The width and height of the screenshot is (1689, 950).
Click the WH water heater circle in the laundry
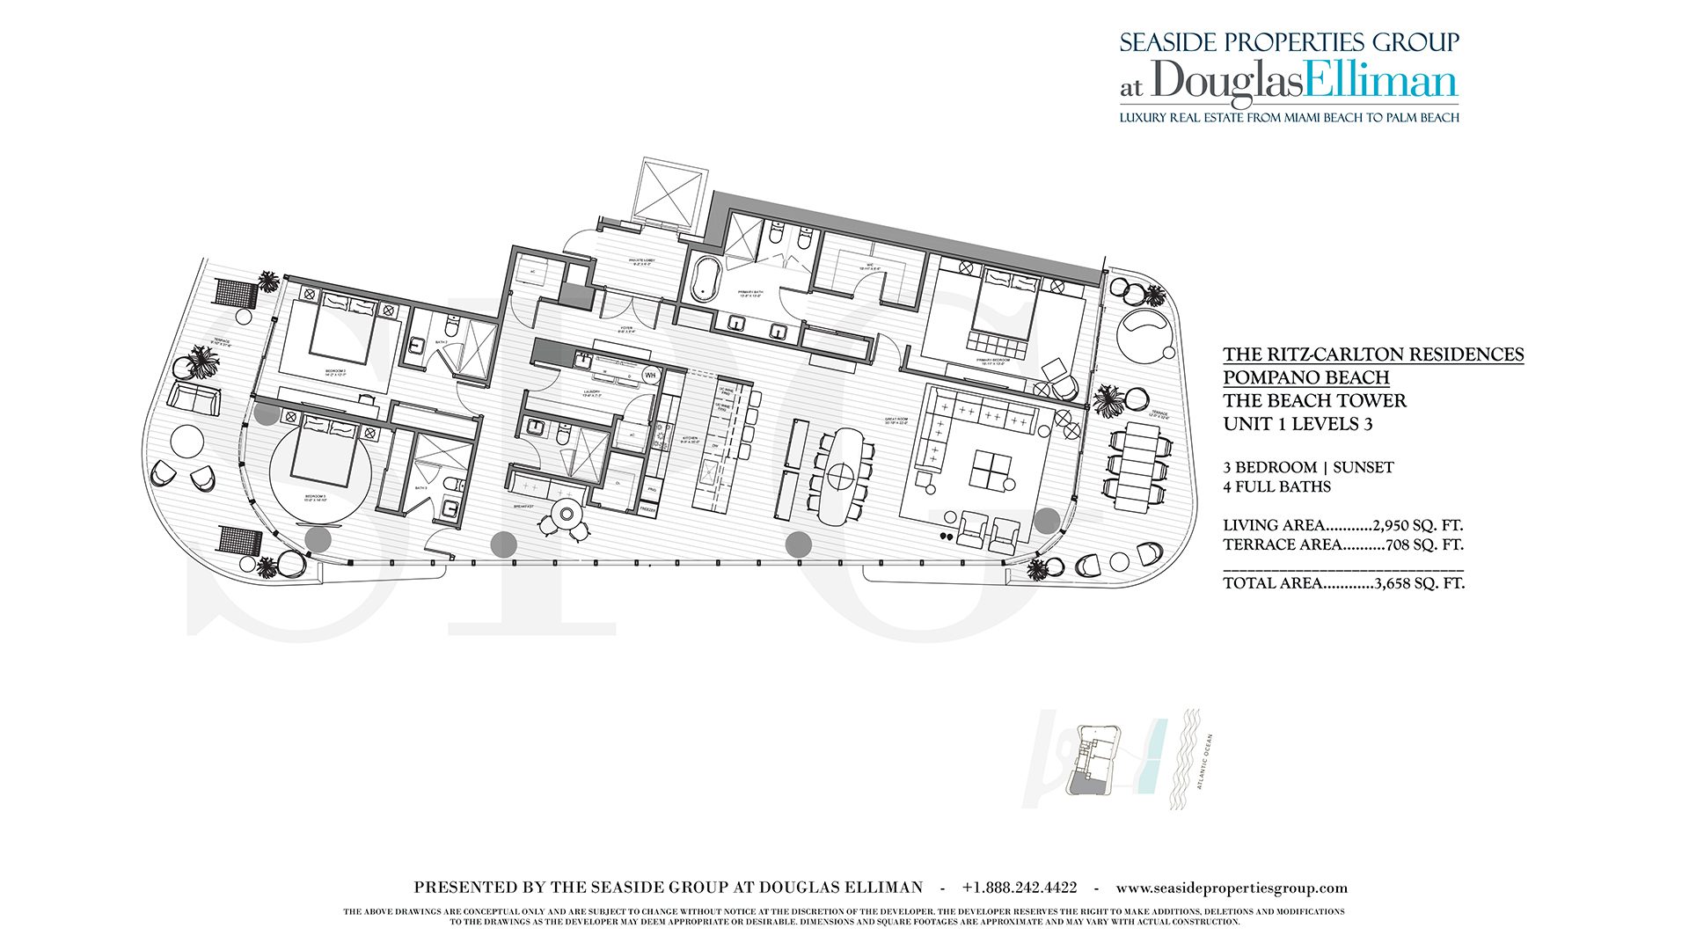point(650,376)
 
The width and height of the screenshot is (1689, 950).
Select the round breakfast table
point(567,515)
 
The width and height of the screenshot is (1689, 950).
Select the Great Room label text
point(896,420)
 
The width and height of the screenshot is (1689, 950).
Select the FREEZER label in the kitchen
point(647,509)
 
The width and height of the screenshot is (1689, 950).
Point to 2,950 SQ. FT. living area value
point(1417,525)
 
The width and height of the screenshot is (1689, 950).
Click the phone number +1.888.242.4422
point(1020,888)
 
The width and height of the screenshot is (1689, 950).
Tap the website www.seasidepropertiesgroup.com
point(1232,888)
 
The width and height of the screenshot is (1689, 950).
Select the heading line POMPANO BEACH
point(1305,377)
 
